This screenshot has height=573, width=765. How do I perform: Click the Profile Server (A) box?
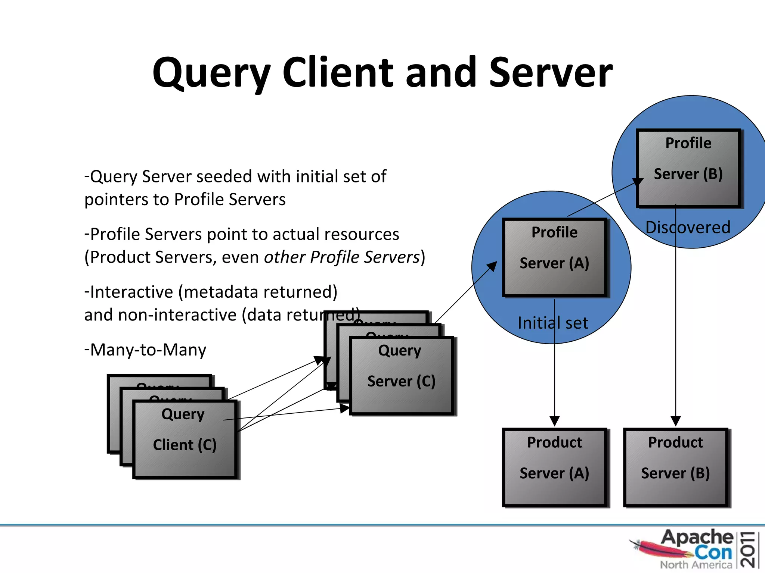(x=554, y=257)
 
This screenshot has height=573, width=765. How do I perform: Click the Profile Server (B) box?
(x=688, y=168)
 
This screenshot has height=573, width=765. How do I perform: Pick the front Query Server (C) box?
(x=401, y=375)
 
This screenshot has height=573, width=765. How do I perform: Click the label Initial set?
(x=552, y=323)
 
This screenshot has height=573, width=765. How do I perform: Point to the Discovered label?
(x=688, y=227)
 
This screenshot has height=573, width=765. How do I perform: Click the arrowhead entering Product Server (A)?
(x=554, y=421)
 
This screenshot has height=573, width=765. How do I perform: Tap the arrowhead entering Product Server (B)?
(x=675, y=421)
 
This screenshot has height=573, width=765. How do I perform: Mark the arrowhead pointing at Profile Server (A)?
(x=493, y=266)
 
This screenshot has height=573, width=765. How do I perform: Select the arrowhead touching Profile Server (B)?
(x=638, y=182)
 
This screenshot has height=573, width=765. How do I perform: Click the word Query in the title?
(x=211, y=73)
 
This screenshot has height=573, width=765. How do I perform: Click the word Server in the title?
(x=551, y=73)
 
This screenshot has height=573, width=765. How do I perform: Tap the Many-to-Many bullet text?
(x=145, y=350)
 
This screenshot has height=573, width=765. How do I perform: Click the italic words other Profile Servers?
(x=342, y=257)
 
